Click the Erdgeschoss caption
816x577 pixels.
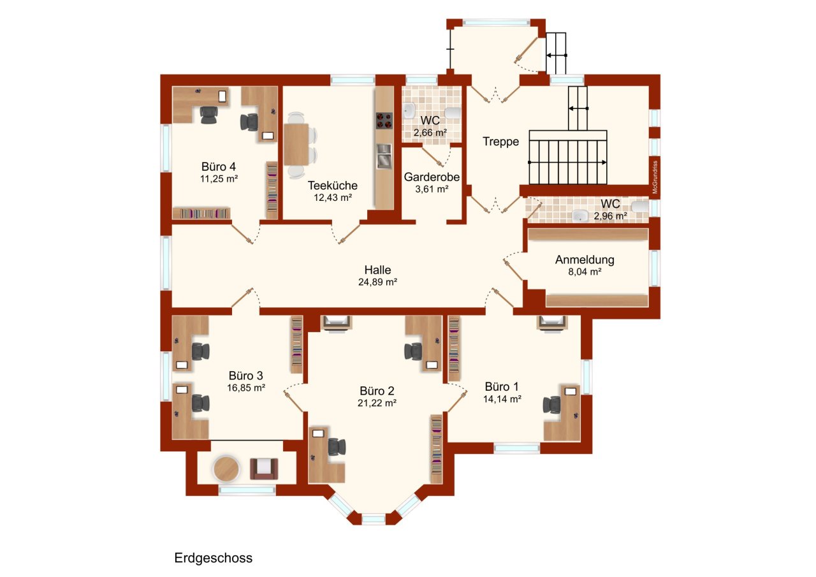click(x=213, y=558)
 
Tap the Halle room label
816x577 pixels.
click(x=378, y=270)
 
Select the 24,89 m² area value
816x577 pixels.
click(x=378, y=282)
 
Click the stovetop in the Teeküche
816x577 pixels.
click(x=384, y=121)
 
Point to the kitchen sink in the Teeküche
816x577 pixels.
click(x=384, y=156)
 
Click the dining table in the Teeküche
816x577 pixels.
click(x=296, y=144)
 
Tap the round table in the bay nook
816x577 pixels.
click(x=226, y=469)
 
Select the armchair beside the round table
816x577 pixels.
click(x=264, y=469)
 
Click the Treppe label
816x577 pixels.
click(x=500, y=142)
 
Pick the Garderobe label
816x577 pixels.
click(x=432, y=177)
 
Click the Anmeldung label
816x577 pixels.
click(x=585, y=259)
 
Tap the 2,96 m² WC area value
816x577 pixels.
click(x=611, y=216)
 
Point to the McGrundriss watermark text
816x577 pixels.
click(x=655, y=177)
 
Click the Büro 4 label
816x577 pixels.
click(x=219, y=167)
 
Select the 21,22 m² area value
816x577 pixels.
click(x=377, y=403)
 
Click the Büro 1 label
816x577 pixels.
click(x=502, y=386)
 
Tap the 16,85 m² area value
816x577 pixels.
click(x=246, y=388)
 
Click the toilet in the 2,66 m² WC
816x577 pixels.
click(x=453, y=113)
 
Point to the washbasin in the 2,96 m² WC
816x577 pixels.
click(x=580, y=216)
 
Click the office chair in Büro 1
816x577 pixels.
click(x=551, y=405)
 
